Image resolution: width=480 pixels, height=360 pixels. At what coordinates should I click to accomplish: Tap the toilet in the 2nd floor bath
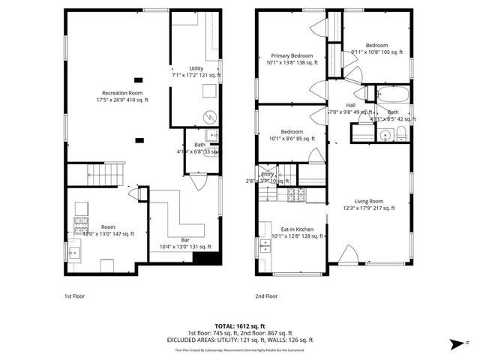pos(402,133)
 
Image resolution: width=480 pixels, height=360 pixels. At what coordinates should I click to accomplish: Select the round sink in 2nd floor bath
pos(385,135)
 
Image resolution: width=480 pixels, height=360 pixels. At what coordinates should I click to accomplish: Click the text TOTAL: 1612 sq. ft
pos(240,325)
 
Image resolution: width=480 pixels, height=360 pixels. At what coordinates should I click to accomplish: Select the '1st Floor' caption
pos(74,296)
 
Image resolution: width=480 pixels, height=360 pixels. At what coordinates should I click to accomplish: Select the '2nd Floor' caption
pos(266,296)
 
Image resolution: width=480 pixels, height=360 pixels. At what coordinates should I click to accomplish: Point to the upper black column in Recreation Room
pos(138,79)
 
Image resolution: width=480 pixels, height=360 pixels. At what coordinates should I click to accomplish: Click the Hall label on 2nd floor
pos(350,105)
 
